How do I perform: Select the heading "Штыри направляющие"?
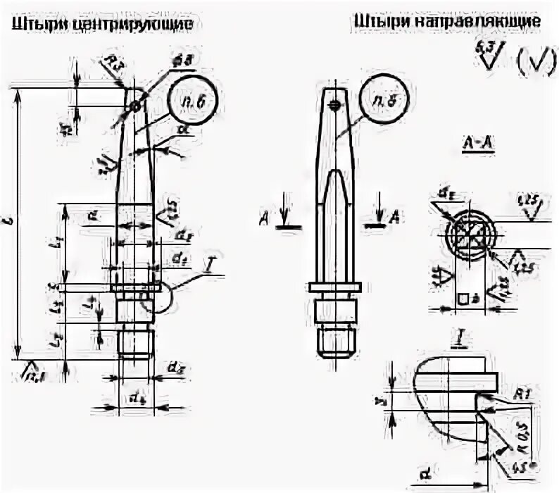tap(448, 22)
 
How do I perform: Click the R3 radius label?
tap(115, 67)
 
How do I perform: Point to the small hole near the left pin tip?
tap(134, 106)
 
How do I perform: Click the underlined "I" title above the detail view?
tap(457, 340)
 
